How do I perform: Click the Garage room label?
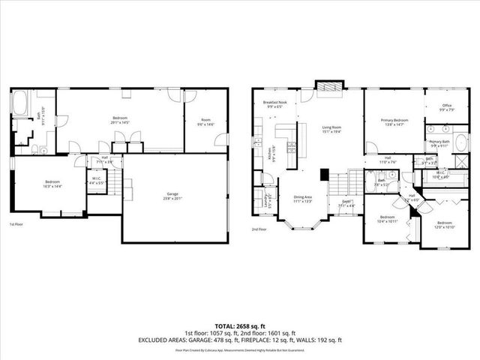(173, 196)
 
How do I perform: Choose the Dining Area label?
(304, 199)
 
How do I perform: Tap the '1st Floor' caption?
(16, 224)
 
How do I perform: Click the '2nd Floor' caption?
(259, 229)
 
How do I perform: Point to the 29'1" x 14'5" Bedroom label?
(120, 120)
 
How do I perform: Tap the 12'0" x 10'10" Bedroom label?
(444, 224)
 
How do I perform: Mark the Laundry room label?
(267, 199)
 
